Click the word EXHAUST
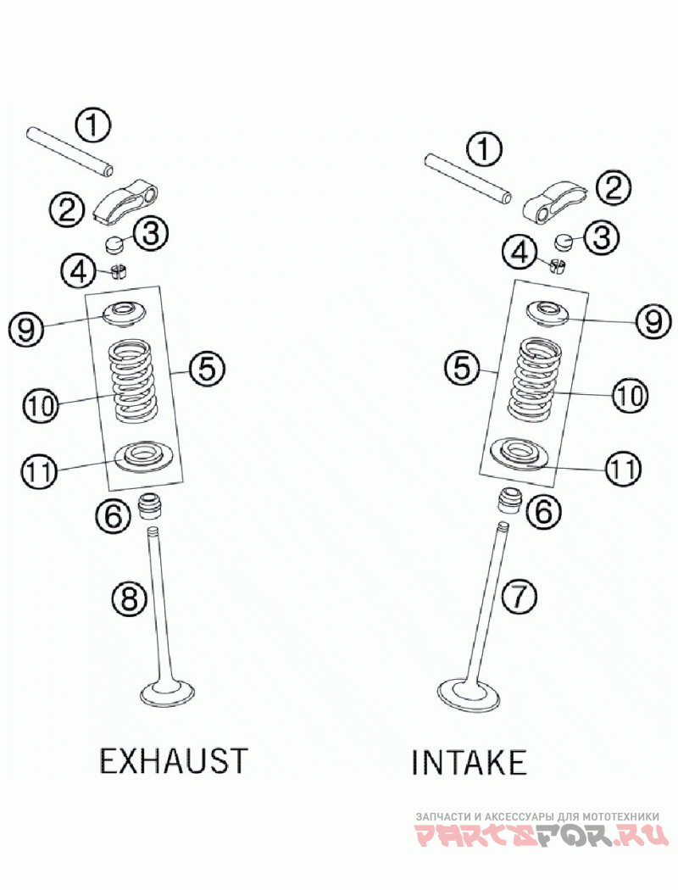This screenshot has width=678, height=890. [174, 760]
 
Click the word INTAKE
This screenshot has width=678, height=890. [469, 762]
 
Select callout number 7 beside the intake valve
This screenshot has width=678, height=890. [519, 597]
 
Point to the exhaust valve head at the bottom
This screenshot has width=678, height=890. [168, 693]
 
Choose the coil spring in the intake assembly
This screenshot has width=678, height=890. [535, 377]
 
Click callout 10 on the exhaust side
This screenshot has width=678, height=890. [40, 405]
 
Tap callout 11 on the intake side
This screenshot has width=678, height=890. [623, 467]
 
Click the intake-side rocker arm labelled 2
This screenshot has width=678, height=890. [551, 201]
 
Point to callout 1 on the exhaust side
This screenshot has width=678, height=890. [92, 125]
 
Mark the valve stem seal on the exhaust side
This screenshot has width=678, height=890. [150, 507]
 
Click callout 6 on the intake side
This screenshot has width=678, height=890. [543, 509]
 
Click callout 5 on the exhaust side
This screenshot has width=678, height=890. [206, 369]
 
